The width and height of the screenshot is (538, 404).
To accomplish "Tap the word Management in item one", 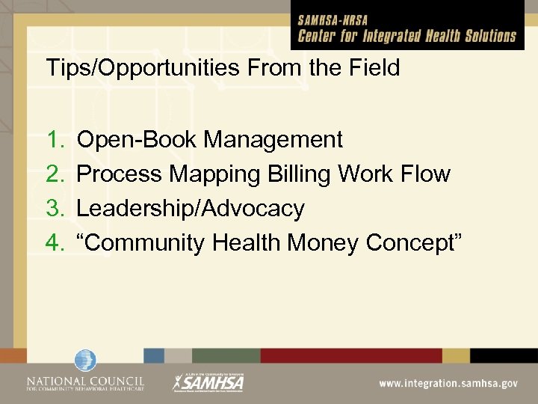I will [273, 140].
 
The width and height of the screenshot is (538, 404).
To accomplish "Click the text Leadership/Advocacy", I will [191, 209].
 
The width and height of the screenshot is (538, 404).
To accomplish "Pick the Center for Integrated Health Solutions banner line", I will [407, 36].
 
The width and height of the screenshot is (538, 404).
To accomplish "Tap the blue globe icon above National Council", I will [84, 361].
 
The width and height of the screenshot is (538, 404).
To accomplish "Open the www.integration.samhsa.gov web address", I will [448, 382].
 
